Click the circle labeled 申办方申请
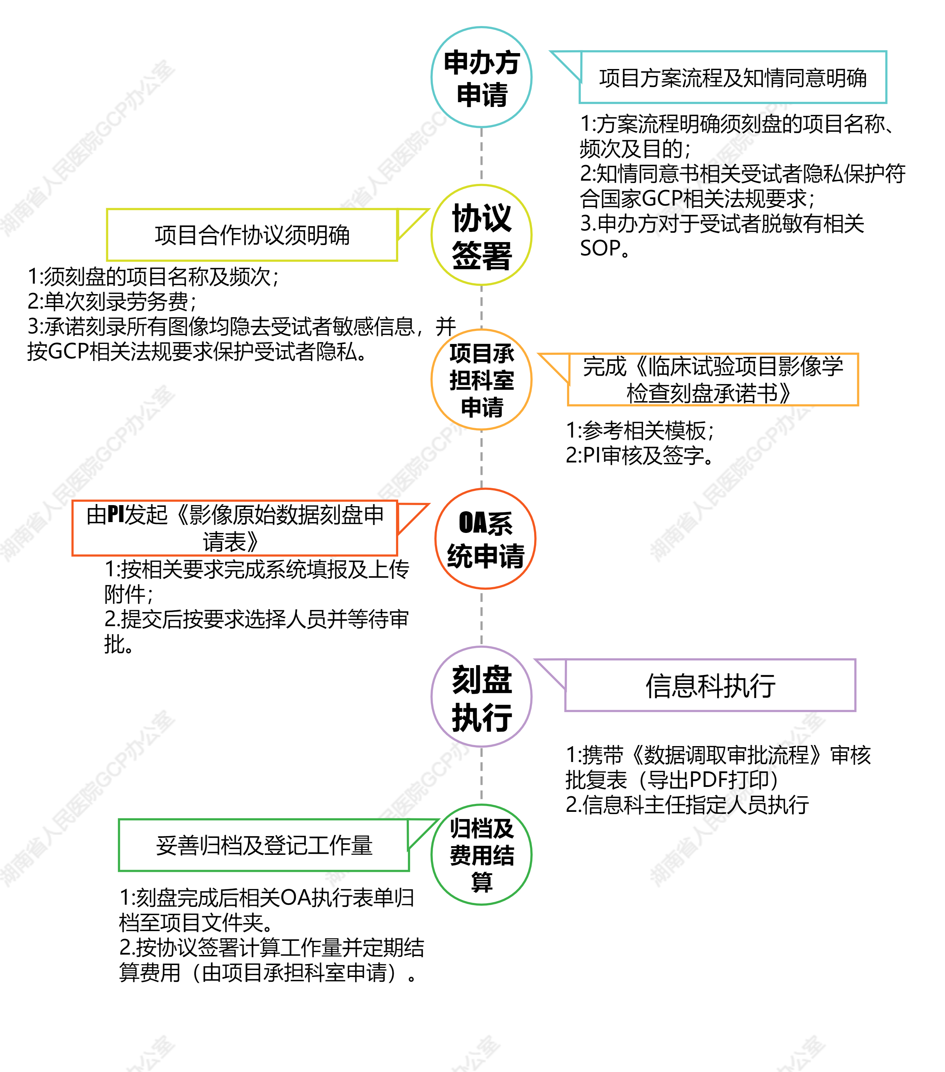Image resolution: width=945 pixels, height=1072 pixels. [x=481, y=77]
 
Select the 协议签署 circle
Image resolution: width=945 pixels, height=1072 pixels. [x=481, y=235]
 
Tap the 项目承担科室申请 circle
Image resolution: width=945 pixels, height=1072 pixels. [x=481, y=380]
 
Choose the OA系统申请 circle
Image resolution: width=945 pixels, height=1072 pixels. [x=485, y=539]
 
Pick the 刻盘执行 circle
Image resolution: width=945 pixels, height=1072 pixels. [x=481, y=697]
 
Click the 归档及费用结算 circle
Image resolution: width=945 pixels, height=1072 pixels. [x=481, y=854]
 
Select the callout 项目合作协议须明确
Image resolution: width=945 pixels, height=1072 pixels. [x=252, y=235]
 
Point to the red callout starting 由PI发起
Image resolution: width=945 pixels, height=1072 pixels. [x=235, y=528]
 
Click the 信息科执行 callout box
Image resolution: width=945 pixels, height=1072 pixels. [x=710, y=685]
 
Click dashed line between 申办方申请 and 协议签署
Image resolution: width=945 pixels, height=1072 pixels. [x=481, y=156]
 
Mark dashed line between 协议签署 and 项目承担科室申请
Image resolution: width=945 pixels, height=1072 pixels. [x=481, y=307]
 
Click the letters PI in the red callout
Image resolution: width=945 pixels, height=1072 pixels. [x=115, y=515]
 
